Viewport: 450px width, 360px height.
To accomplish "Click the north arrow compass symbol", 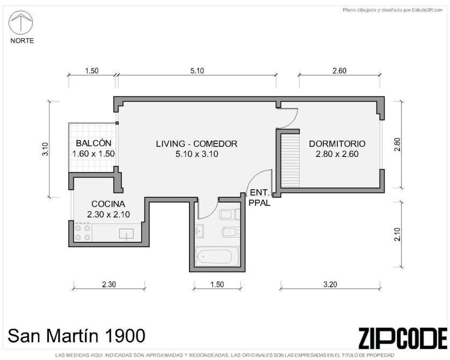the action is pyautogui.click(x=20, y=23).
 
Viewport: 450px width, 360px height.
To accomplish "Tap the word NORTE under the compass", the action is pyautogui.click(x=22, y=41).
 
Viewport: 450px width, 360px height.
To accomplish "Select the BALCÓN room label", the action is pyautogui.click(x=93, y=143).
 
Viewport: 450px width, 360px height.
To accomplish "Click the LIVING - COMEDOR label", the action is pyautogui.click(x=197, y=143).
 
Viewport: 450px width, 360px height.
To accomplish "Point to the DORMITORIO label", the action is pyautogui.click(x=337, y=143).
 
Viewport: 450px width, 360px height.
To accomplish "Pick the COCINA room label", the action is pyautogui.click(x=108, y=204).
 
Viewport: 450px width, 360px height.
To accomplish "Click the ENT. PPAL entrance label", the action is pyautogui.click(x=259, y=198).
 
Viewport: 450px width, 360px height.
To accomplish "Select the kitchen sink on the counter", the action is pyautogui.click(x=126, y=234).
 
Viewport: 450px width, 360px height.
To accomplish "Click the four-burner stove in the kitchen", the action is pyautogui.click(x=83, y=233).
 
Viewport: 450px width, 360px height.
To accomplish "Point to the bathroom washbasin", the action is pyautogui.click(x=199, y=232).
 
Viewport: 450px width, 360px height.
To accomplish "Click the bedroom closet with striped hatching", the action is pyautogui.click(x=290, y=161).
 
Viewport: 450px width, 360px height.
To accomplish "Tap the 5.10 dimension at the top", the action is pyautogui.click(x=197, y=70).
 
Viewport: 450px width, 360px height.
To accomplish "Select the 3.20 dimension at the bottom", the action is pyautogui.click(x=330, y=284).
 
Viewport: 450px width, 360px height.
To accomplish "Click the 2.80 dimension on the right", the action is pyautogui.click(x=397, y=145).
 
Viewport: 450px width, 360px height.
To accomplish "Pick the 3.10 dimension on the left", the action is pyautogui.click(x=45, y=149).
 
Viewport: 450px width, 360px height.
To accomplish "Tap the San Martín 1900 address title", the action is pyautogui.click(x=77, y=336).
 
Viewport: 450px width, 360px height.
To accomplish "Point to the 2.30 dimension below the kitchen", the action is pyautogui.click(x=109, y=284).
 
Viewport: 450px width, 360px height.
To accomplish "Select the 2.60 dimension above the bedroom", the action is pyautogui.click(x=339, y=70).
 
